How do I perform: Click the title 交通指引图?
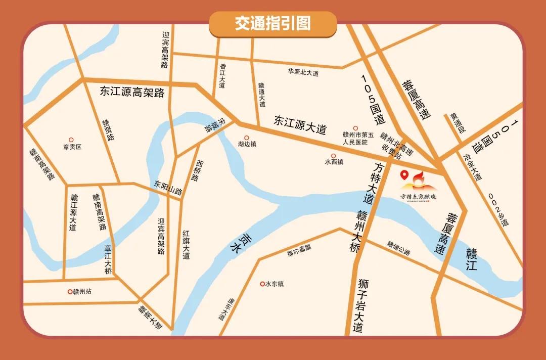click(272, 24)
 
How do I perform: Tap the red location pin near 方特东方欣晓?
click(404, 175)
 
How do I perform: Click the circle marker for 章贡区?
click(71, 140)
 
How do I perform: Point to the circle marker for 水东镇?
click(262, 284)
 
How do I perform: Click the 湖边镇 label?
click(247, 144)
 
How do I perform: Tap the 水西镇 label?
click(334, 162)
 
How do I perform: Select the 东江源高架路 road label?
click(132, 92)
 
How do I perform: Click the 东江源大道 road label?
click(300, 124)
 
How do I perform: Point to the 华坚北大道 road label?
click(303, 73)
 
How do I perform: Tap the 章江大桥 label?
click(108, 259)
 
